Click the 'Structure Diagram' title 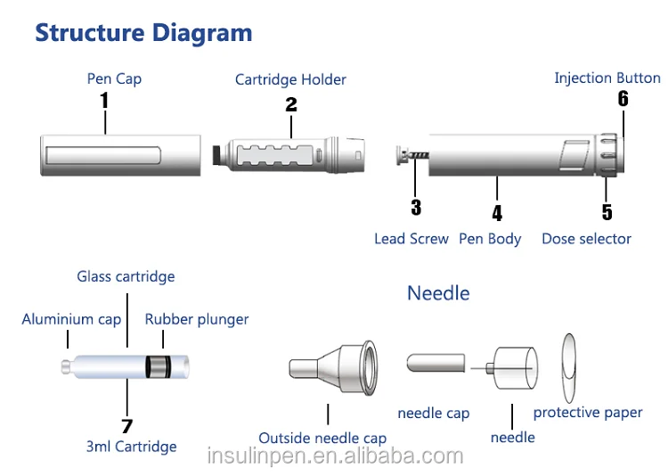(x=143, y=34)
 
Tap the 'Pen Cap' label (x=114, y=79)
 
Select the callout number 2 (x=291, y=104)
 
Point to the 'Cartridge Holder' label (x=290, y=79)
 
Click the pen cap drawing (x=120, y=155)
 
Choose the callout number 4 (x=497, y=213)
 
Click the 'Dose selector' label (x=586, y=239)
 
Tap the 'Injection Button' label (x=607, y=78)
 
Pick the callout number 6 (x=623, y=99)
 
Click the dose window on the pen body (x=574, y=154)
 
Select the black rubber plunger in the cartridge (x=158, y=367)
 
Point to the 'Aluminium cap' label (x=71, y=319)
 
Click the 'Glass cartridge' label (x=126, y=277)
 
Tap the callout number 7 (x=126, y=426)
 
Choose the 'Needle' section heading (x=438, y=293)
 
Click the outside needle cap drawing (x=333, y=368)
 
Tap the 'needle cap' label (x=433, y=414)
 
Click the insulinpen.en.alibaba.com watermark (x=335, y=456)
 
